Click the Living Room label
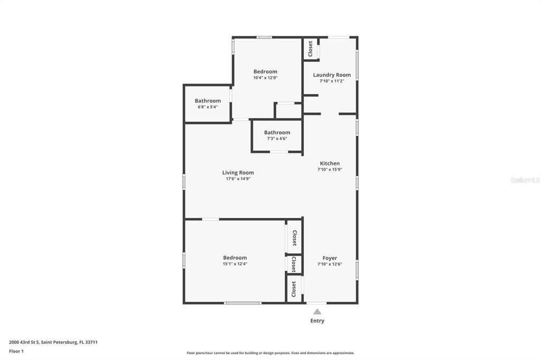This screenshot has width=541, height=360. (238, 173)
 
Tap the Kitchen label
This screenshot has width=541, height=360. (330, 163)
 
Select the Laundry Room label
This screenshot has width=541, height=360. (332, 75)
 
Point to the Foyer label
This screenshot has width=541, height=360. (330, 258)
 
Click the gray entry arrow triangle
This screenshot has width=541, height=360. (317, 312)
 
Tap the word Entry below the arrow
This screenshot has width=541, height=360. (317, 321)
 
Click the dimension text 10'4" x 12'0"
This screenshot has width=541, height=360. (265, 78)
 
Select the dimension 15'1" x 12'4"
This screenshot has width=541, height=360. (235, 264)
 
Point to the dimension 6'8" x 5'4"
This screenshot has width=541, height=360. (208, 107)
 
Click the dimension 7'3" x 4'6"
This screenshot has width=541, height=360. (277, 139)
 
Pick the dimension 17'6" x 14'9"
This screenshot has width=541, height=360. (238, 178)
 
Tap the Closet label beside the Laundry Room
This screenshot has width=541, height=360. (310, 49)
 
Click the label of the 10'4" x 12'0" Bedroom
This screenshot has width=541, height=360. (265, 71)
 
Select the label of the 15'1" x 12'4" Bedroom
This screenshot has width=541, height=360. (235, 258)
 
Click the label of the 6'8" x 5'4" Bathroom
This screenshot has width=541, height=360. (208, 101)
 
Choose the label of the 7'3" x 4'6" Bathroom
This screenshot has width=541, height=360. (277, 132)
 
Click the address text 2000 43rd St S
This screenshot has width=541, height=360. (24, 343)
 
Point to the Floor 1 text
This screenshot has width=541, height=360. (16, 352)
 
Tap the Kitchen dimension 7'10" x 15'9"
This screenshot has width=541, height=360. (330, 169)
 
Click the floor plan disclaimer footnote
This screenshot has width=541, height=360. (270, 353)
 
